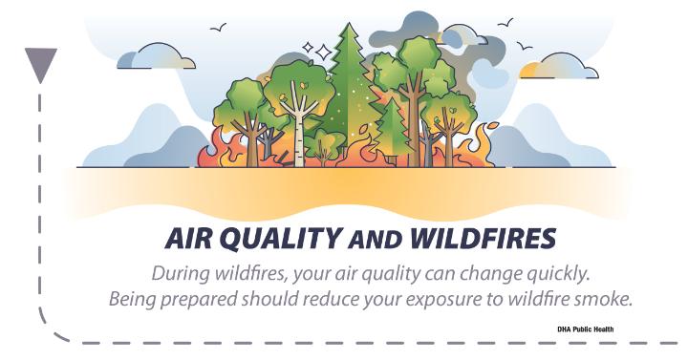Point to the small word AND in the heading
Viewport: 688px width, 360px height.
(376, 241)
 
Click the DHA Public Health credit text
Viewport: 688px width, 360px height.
(586, 328)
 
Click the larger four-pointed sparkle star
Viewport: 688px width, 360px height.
(324, 53)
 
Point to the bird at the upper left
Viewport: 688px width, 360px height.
(218, 27)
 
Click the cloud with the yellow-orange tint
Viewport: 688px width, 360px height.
(558, 67)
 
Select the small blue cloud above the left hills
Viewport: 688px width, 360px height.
(156, 56)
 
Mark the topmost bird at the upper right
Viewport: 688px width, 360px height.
(505, 22)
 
